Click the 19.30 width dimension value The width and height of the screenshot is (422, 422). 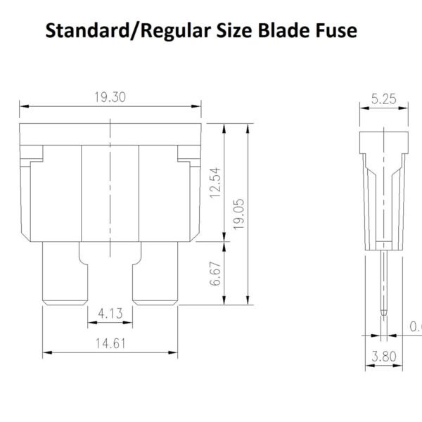(x=110, y=98)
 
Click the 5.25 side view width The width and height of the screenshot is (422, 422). (x=383, y=99)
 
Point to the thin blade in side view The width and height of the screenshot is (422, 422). (x=384, y=281)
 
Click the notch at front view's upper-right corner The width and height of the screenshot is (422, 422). (x=190, y=158)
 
